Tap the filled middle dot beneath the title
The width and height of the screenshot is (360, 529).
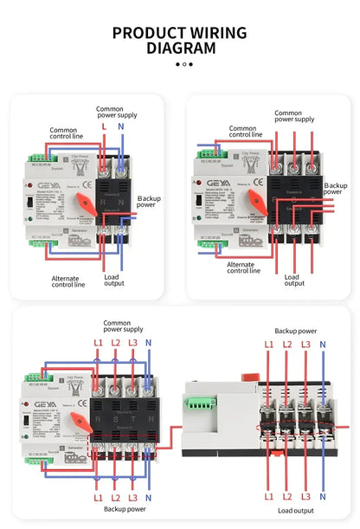[x=183, y=63]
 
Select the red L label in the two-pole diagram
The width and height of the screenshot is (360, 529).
[x=105, y=126]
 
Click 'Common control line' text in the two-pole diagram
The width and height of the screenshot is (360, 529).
[x=68, y=133]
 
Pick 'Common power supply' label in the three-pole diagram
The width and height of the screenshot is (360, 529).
[x=294, y=116]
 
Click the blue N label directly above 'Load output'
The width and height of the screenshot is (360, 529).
[x=323, y=496]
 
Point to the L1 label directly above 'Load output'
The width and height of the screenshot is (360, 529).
[x=268, y=496]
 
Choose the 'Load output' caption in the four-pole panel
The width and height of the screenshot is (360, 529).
[x=295, y=510]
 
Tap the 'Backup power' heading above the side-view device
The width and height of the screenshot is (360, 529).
[x=295, y=331]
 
